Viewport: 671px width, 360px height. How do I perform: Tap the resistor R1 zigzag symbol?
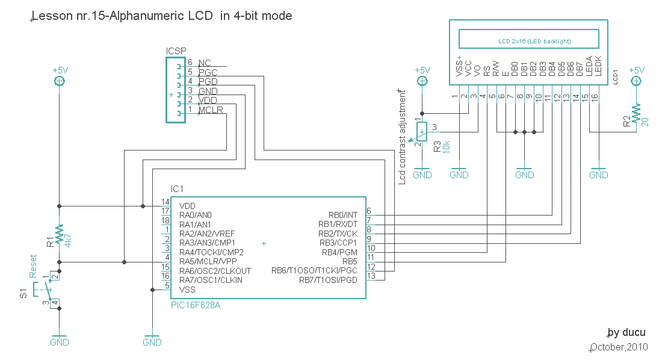[x=60, y=235]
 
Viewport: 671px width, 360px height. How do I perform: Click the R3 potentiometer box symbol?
[x=422, y=131]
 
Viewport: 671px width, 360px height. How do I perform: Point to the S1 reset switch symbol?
[x=48, y=290]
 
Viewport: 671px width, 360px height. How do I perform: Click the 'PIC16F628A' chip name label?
[x=196, y=305]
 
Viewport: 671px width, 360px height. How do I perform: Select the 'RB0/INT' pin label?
[x=342, y=215]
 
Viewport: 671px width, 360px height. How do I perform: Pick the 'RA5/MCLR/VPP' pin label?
[x=207, y=261]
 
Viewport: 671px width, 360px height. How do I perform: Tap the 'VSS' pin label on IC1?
[x=187, y=289]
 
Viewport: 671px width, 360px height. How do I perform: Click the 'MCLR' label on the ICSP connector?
[x=211, y=110]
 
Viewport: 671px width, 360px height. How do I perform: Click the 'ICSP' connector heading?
[x=176, y=51]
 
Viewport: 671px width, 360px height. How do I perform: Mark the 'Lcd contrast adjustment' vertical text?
[x=401, y=137]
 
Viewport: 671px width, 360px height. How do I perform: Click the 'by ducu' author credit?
[x=626, y=332]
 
